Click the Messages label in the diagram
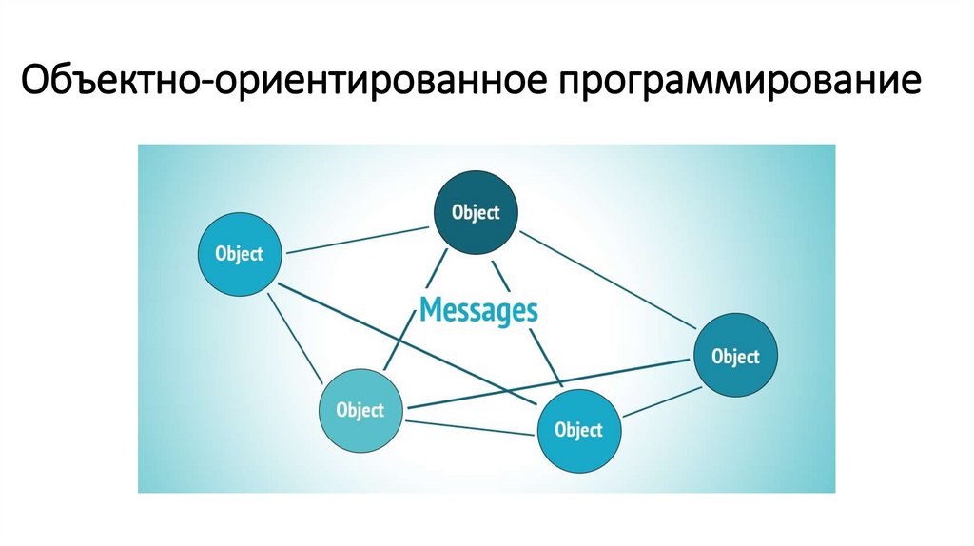click(478, 310)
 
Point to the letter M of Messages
click(430, 310)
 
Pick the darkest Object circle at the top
click(476, 212)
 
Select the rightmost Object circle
click(736, 357)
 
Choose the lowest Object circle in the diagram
click(578, 430)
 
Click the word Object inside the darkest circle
click(476, 212)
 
